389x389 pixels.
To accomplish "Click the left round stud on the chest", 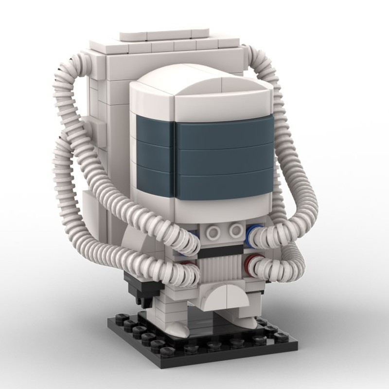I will tap(212, 232).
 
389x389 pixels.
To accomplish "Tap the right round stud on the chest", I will tap(235, 230).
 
